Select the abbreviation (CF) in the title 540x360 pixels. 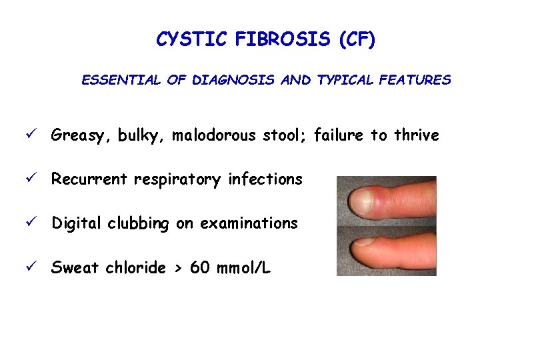(357, 40)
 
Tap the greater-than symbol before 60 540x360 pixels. (177, 269)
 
